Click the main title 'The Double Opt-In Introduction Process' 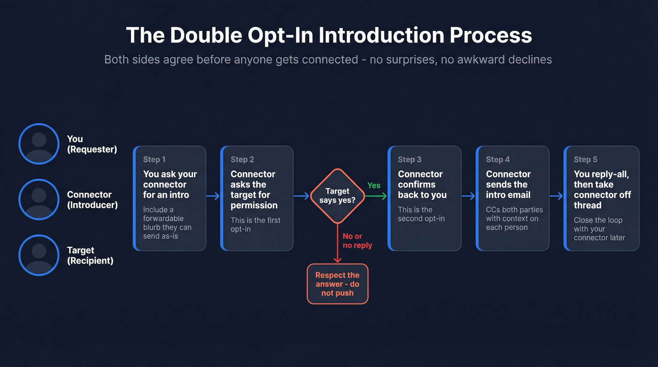pyautogui.click(x=329, y=35)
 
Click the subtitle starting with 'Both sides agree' pyautogui.click(x=328, y=60)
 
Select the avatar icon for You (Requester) pyautogui.click(x=39, y=144)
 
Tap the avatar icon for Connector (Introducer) pyautogui.click(x=39, y=199)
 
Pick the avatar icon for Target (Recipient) pyautogui.click(x=39, y=255)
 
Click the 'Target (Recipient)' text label pyautogui.click(x=90, y=255)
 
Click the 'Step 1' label pyautogui.click(x=154, y=160)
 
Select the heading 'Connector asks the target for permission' pyautogui.click(x=254, y=189)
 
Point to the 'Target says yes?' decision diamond pyautogui.click(x=337, y=196)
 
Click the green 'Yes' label pyautogui.click(x=374, y=186)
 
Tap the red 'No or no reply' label pyautogui.click(x=357, y=241)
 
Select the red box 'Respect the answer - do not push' pyautogui.click(x=337, y=284)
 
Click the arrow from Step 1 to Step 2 pyautogui.click(x=213, y=196)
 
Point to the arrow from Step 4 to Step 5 pyautogui.click(x=556, y=196)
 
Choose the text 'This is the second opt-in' pyautogui.click(x=421, y=214)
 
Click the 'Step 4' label pyautogui.click(x=498, y=160)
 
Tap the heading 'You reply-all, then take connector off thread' pyautogui.click(x=602, y=189)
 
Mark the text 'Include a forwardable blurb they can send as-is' pyautogui.click(x=167, y=223)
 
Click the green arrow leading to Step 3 pyautogui.click(x=376, y=196)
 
